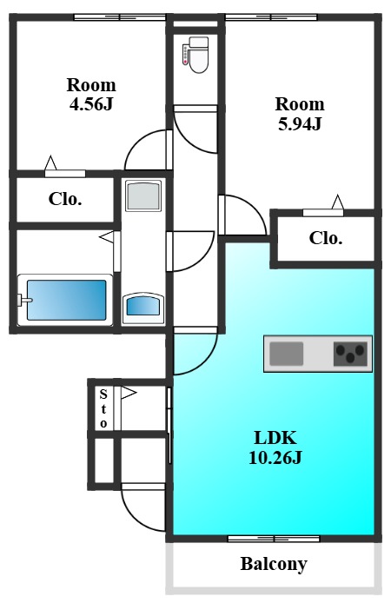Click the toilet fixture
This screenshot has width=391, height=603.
coord(195,55)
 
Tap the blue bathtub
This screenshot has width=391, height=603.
coord(66,300)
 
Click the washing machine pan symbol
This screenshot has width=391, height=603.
coord(143,195)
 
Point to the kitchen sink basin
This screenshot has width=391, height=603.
coord(286,354)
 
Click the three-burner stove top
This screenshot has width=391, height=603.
coord(350,354)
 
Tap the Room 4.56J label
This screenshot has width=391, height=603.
coord(91,94)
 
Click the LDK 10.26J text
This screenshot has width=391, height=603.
coord(275,447)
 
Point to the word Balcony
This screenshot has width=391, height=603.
coord(274,564)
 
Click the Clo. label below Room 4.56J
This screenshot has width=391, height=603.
coord(65,199)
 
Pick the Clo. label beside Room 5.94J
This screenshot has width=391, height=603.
coord(326,238)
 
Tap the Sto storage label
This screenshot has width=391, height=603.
coord(103,408)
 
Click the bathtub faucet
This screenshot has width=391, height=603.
coord(25,300)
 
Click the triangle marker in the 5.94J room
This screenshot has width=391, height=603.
coord(337,202)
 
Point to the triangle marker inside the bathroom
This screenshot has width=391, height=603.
coord(107,237)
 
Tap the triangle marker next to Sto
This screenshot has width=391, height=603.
coord(129,393)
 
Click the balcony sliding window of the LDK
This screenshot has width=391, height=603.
coord(274,539)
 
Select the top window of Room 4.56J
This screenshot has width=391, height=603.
coord(120,17)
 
